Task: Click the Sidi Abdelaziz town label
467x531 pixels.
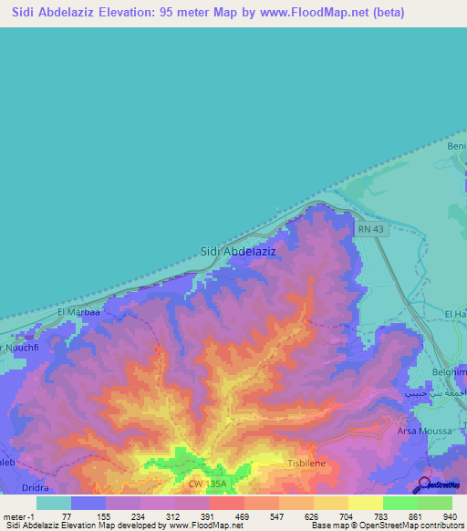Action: click(237, 250)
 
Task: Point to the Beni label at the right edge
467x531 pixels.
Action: click(455, 146)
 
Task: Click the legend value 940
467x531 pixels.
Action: click(451, 515)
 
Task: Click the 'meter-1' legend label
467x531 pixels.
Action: click(18, 515)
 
